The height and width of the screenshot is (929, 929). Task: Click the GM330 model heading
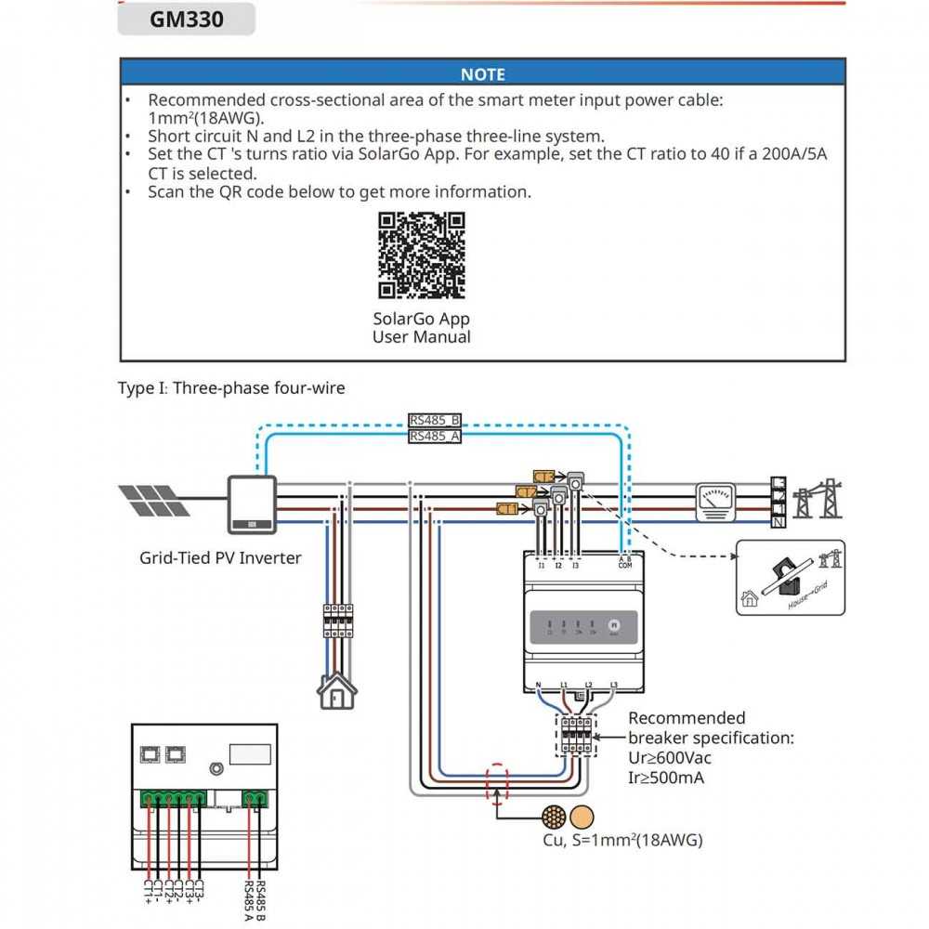pos(186,20)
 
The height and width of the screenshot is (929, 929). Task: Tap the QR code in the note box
pos(421,255)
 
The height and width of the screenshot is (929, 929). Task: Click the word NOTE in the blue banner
pos(482,74)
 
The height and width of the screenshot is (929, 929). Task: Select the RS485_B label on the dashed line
pos(435,420)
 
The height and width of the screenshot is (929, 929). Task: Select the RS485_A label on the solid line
pos(435,436)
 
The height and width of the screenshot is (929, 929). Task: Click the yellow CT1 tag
pos(507,509)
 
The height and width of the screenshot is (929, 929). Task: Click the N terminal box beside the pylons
pos(778,523)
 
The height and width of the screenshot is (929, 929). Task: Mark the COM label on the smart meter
pos(624,565)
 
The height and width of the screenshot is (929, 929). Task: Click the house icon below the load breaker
pos(337,690)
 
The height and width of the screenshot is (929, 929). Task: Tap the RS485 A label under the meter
pos(249,898)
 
